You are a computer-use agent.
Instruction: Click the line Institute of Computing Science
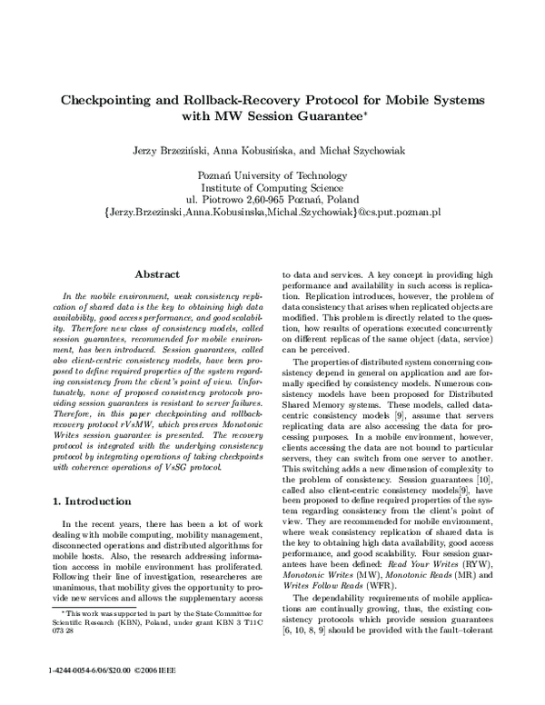click(272, 184)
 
